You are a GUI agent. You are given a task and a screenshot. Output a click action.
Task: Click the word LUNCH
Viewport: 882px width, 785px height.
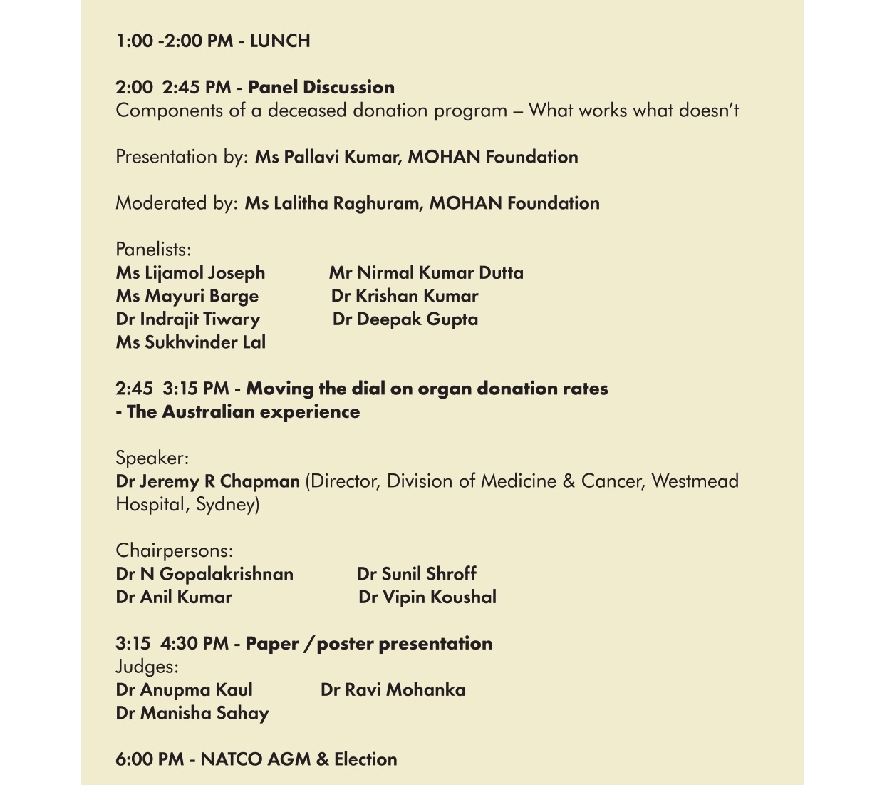click(x=280, y=41)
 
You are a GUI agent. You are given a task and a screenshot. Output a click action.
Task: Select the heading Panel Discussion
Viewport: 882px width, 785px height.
click(x=321, y=88)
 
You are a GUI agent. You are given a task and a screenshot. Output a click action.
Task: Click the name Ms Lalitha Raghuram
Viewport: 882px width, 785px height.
click(x=333, y=203)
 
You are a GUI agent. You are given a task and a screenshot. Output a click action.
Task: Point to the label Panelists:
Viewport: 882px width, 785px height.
click(x=153, y=250)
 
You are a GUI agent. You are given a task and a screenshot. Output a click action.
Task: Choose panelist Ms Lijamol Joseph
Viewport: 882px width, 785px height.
click(x=190, y=273)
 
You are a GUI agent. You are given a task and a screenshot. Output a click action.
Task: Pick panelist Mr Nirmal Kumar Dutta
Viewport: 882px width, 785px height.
click(x=426, y=273)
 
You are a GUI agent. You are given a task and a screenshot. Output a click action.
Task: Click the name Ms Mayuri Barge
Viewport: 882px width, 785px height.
click(x=187, y=296)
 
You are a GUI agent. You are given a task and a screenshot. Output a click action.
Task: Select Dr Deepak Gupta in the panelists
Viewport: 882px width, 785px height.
click(x=405, y=319)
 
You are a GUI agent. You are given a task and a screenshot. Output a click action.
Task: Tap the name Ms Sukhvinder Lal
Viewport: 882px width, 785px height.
click(x=191, y=342)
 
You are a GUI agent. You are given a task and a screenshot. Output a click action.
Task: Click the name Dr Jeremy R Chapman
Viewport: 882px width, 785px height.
click(x=207, y=481)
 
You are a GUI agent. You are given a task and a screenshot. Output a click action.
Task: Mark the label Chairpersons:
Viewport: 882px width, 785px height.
click(x=175, y=551)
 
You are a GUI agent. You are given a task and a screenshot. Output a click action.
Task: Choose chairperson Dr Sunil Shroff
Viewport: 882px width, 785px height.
click(x=417, y=574)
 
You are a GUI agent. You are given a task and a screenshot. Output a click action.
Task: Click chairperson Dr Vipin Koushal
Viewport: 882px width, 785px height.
click(x=427, y=597)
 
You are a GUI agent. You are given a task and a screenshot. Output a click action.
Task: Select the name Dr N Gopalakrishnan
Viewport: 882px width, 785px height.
click(x=204, y=574)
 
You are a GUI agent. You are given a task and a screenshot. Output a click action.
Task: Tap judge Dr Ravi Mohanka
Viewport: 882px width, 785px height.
click(x=393, y=690)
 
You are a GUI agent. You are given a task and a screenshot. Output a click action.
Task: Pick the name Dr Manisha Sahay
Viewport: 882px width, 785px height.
click(x=192, y=713)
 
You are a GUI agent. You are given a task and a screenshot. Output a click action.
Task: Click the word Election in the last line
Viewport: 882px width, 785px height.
click(x=365, y=759)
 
